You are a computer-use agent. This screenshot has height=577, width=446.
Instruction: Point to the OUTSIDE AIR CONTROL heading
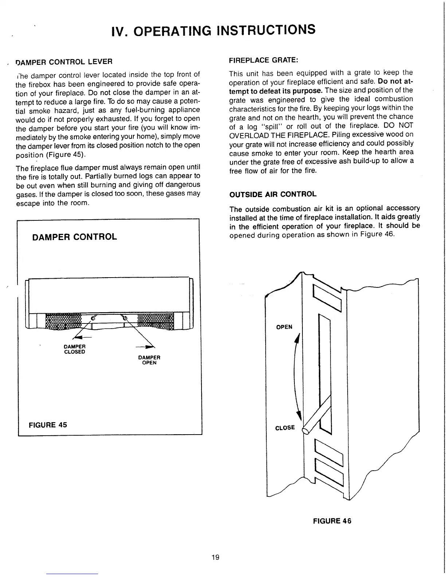pyautogui.click(x=273, y=194)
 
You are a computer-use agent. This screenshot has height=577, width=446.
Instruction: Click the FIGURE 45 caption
pyautogui.click(x=48, y=425)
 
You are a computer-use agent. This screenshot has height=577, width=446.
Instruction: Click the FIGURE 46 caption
pyautogui.click(x=332, y=521)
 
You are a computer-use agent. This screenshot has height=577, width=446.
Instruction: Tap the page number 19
pyautogui.click(x=215, y=557)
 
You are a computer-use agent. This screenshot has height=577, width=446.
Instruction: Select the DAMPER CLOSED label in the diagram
pyautogui.click(x=74, y=349)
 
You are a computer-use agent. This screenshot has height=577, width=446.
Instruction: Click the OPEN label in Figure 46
pyautogui.click(x=284, y=327)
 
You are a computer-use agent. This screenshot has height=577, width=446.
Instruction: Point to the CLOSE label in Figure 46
pyautogui.click(x=285, y=428)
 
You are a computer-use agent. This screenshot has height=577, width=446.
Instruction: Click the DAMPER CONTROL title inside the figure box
pyautogui.click(x=75, y=237)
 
